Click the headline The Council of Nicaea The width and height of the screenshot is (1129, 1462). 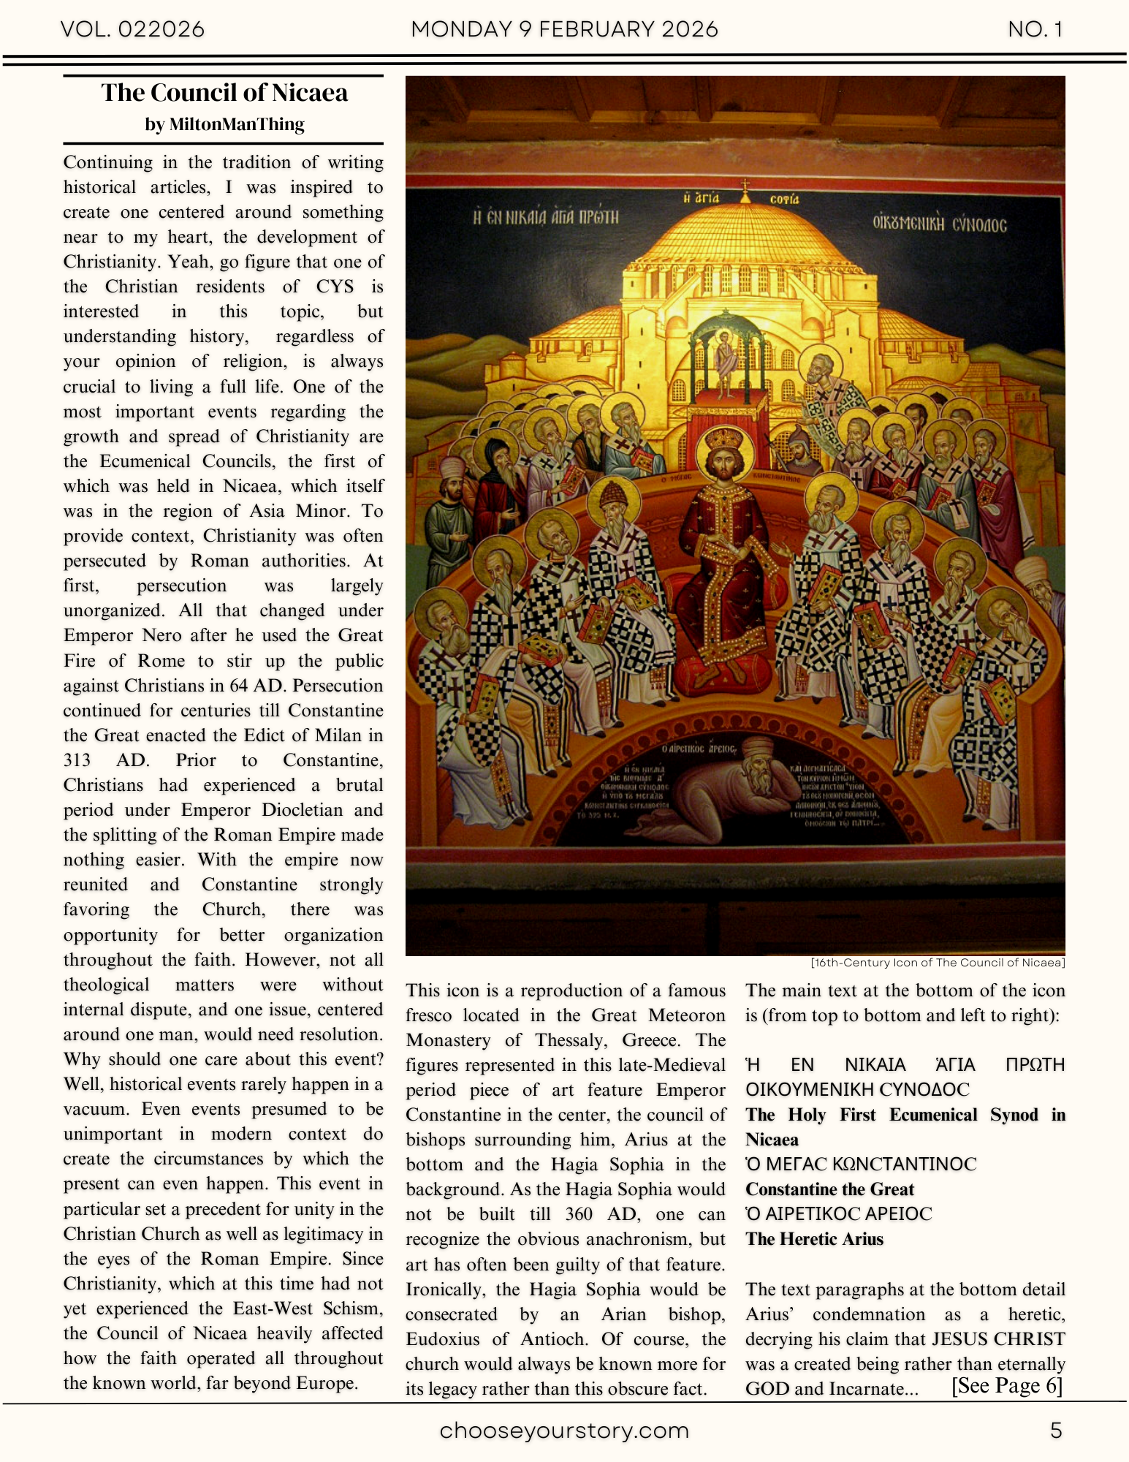point(224,93)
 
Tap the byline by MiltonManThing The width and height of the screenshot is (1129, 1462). point(224,124)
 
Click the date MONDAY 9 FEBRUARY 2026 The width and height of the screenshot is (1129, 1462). point(564,29)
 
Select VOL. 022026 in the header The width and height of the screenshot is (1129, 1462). point(132,29)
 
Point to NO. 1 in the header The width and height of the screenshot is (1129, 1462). point(1035,29)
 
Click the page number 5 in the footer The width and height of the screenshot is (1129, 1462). point(1055,1431)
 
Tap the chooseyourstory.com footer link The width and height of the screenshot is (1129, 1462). point(564,1431)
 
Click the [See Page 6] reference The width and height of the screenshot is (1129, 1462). point(1006,1386)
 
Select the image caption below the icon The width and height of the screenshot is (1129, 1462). point(938,963)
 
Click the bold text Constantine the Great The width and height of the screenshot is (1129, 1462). point(829,1189)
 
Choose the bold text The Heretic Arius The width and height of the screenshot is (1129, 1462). point(814,1239)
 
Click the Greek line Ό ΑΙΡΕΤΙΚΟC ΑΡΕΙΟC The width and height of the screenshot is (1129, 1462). point(838,1214)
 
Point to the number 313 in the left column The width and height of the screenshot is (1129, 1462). point(77,760)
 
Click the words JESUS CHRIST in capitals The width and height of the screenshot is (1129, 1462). point(998,1339)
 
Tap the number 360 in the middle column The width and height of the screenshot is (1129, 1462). point(578,1214)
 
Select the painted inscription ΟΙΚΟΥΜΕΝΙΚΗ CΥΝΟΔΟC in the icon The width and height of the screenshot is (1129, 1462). point(939,224)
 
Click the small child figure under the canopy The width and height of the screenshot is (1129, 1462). point(726,358)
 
